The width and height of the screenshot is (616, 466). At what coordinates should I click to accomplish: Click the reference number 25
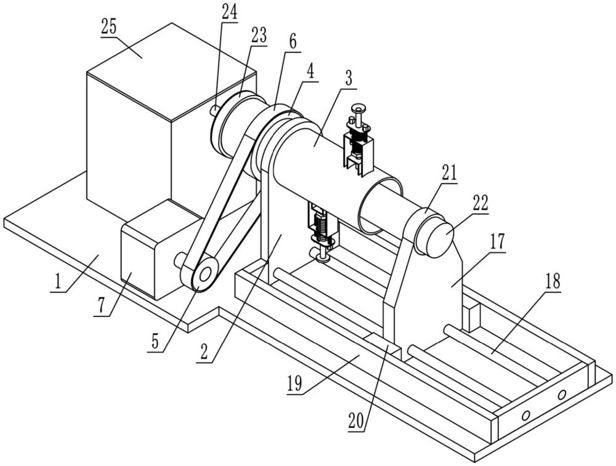tap(109, 28)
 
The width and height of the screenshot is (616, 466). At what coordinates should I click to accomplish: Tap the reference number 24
tap(229, 12)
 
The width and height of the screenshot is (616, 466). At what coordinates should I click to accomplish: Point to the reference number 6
tap(293, 42)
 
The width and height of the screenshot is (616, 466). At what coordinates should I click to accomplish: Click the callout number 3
tap(349, 79)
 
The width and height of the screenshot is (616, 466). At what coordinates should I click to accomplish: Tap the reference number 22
tap(480, 203)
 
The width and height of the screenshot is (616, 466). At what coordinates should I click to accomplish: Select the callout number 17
tap(497, 241)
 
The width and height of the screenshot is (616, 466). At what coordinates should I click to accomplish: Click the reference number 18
tap(553, 281)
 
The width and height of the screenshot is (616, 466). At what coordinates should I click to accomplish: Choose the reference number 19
tap(294, 384)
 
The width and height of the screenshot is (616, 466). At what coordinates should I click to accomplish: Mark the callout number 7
tap(102, 307)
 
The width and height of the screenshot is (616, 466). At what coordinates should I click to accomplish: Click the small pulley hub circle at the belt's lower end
tap(205, 275)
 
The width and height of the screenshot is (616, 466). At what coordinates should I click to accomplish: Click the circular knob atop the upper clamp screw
tap(359, 108)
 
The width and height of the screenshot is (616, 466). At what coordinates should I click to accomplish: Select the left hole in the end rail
tap(525, 414)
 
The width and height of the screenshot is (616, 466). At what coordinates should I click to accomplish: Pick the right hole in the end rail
tap(562, 393)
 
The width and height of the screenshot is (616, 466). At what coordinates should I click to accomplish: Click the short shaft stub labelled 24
tap(214, 110)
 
